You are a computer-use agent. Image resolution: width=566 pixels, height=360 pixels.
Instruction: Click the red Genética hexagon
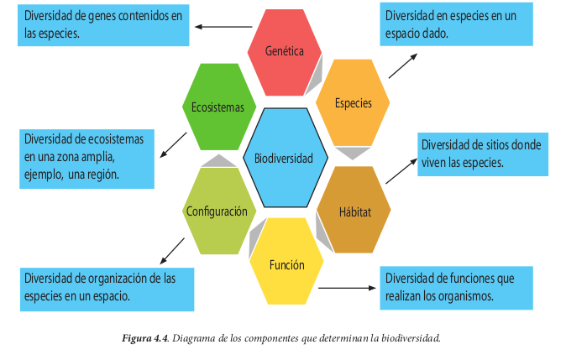[x=283, y=50]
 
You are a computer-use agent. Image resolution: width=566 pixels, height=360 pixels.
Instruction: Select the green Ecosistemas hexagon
[x=217, y=107]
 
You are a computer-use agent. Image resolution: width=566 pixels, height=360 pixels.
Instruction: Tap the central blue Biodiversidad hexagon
[x=284, y=158]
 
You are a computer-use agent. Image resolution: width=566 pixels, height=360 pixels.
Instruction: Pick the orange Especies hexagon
[x=353, y=103]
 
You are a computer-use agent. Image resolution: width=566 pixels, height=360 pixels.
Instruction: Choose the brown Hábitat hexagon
[x=354, y=210]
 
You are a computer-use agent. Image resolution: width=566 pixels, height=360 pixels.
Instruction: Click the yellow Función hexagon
[x=286, y=265]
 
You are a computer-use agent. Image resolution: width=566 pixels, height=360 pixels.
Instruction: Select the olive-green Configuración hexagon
[x=217, y=211]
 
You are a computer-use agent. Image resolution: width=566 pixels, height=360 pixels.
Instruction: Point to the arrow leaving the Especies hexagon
[x=406, y=65]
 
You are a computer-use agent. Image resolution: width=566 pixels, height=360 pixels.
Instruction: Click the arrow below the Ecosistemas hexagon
[x=174, y=143]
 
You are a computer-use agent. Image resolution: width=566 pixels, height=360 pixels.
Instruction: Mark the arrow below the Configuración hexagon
[x=172, y=249]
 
